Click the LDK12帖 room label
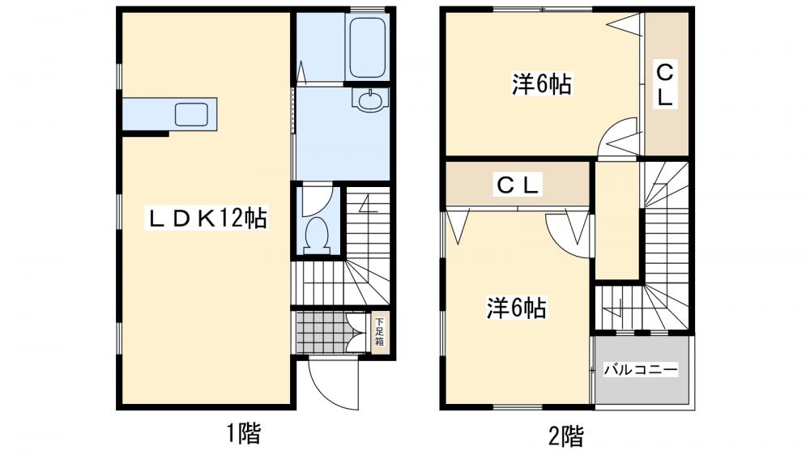[207, 219]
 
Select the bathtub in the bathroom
[366, 49]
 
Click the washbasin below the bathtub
[372, 100]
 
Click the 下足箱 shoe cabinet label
[379, 331]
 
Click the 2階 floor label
[565, 436]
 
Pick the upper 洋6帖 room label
[542, 84]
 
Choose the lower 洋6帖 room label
[516, 308]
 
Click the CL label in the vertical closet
[664, 86]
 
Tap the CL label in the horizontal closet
[518, 185]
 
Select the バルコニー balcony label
[641, 369]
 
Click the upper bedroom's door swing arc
[620, 138]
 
